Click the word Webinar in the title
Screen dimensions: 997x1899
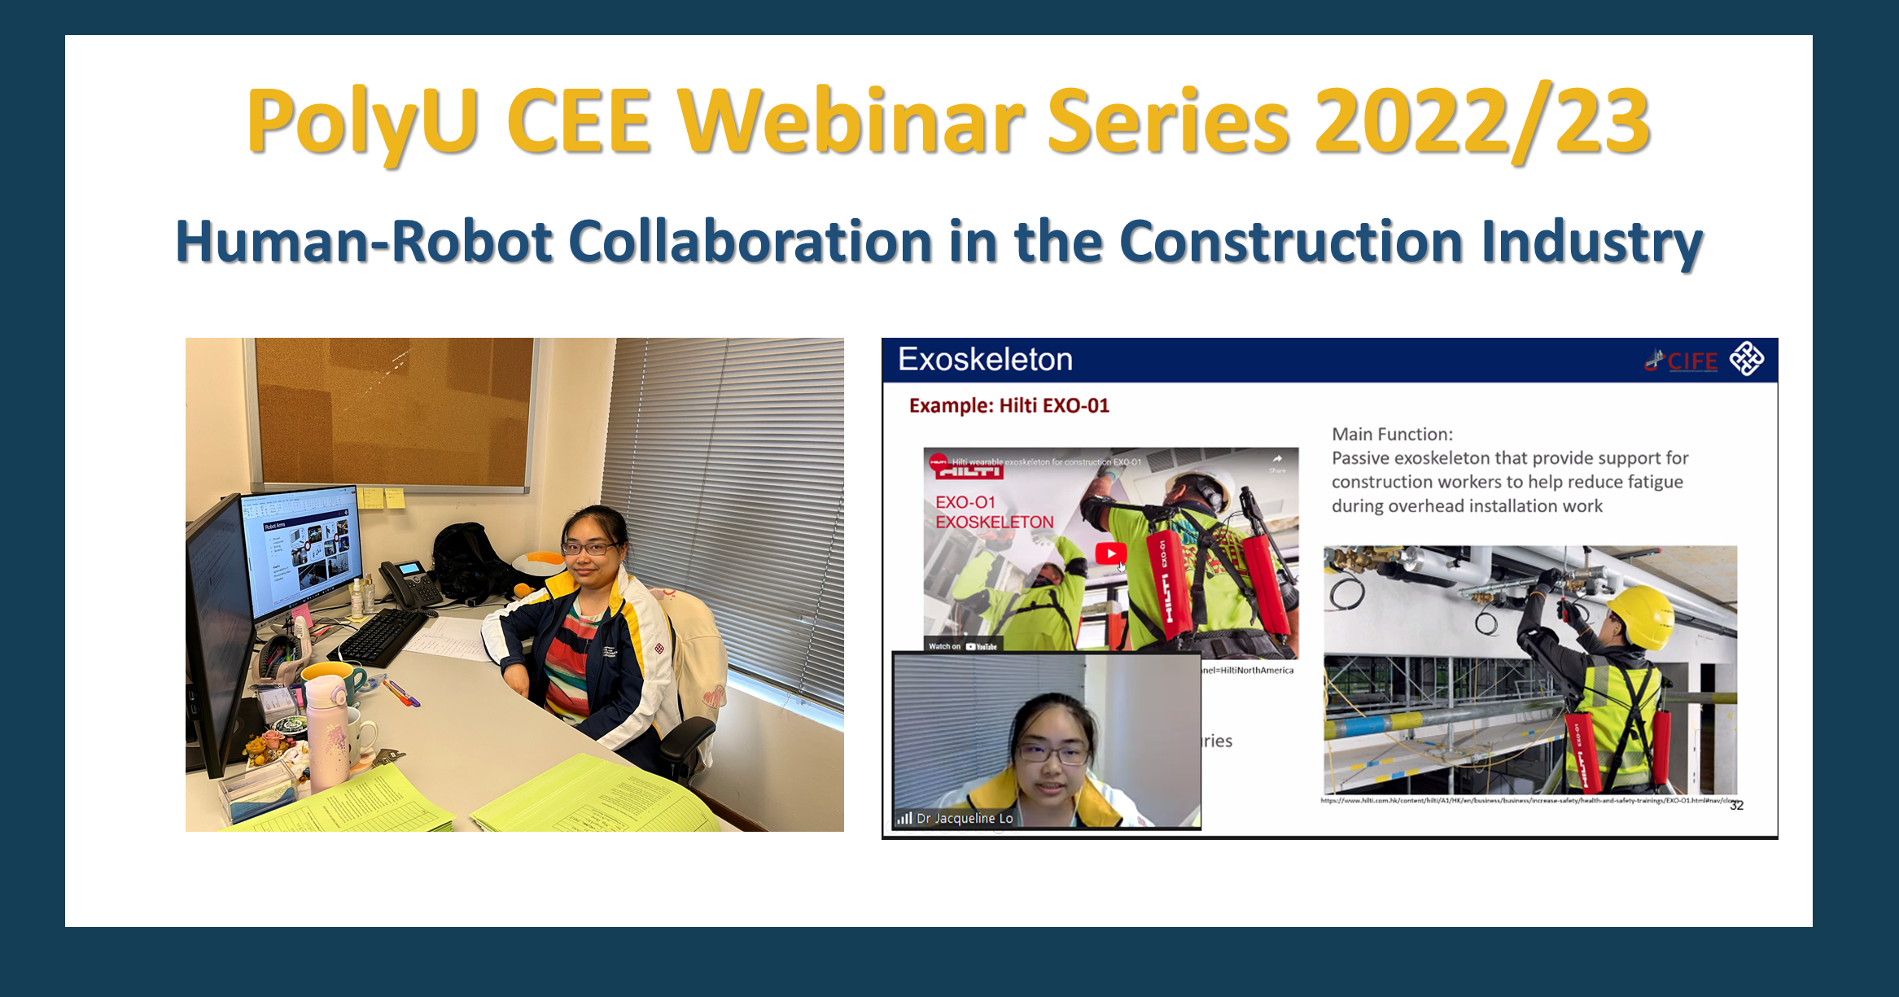click(x=851, y=122)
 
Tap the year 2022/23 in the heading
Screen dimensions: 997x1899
click(x=1481, y=122)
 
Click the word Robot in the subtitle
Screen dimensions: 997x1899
click(x=472, y=242)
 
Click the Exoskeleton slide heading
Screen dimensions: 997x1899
click(x=985, y=360)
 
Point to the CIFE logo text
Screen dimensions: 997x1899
click(x=1691, y=361)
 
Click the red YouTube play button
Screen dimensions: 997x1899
click(x=1111, y=553)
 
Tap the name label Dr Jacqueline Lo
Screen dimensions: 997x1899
click(x=965, y=818)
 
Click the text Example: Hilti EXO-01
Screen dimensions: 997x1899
click(x=1009, y=405)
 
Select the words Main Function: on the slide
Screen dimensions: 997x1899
click(x=1392, y=435)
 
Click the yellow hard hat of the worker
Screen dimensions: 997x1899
click(x=1640, y=614)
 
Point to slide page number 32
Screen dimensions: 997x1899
click(x=1736, y=806)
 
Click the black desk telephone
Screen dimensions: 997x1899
click(x=409, y=583)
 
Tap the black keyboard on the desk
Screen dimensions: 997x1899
click(x=383, y=636)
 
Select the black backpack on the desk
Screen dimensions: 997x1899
click(x=468, y=562)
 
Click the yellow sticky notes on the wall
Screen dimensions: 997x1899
click(x=383, y=497)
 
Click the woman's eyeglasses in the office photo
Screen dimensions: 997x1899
click(x=588, y=549)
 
